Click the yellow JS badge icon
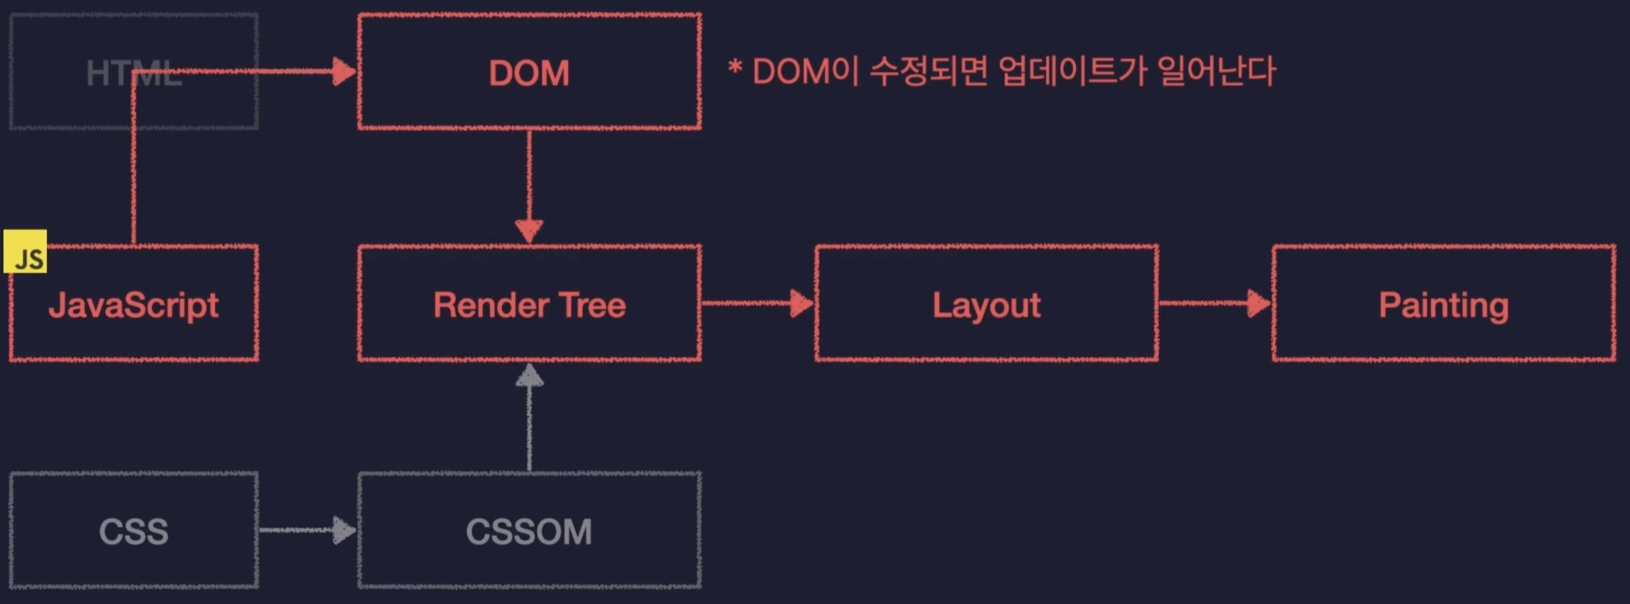pos(25,251)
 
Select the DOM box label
pos(529,72)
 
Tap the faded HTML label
pos(133,73)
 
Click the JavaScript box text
pos(133,305)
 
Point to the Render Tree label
pos(529,305)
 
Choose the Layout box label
pos(986,306)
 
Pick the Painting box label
pos(1443,306)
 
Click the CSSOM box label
pos(529,532)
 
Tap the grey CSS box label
pos(133,532)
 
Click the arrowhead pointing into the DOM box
pos(344,71)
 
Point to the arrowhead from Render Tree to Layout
pos(802,303)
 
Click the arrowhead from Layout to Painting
pos(1259,303)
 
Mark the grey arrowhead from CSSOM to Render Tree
pos(529,375)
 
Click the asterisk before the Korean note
pos(735,67)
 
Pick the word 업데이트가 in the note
pos(1072,71)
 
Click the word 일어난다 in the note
pos(1217,71)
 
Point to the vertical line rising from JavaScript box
pos(133,158)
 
